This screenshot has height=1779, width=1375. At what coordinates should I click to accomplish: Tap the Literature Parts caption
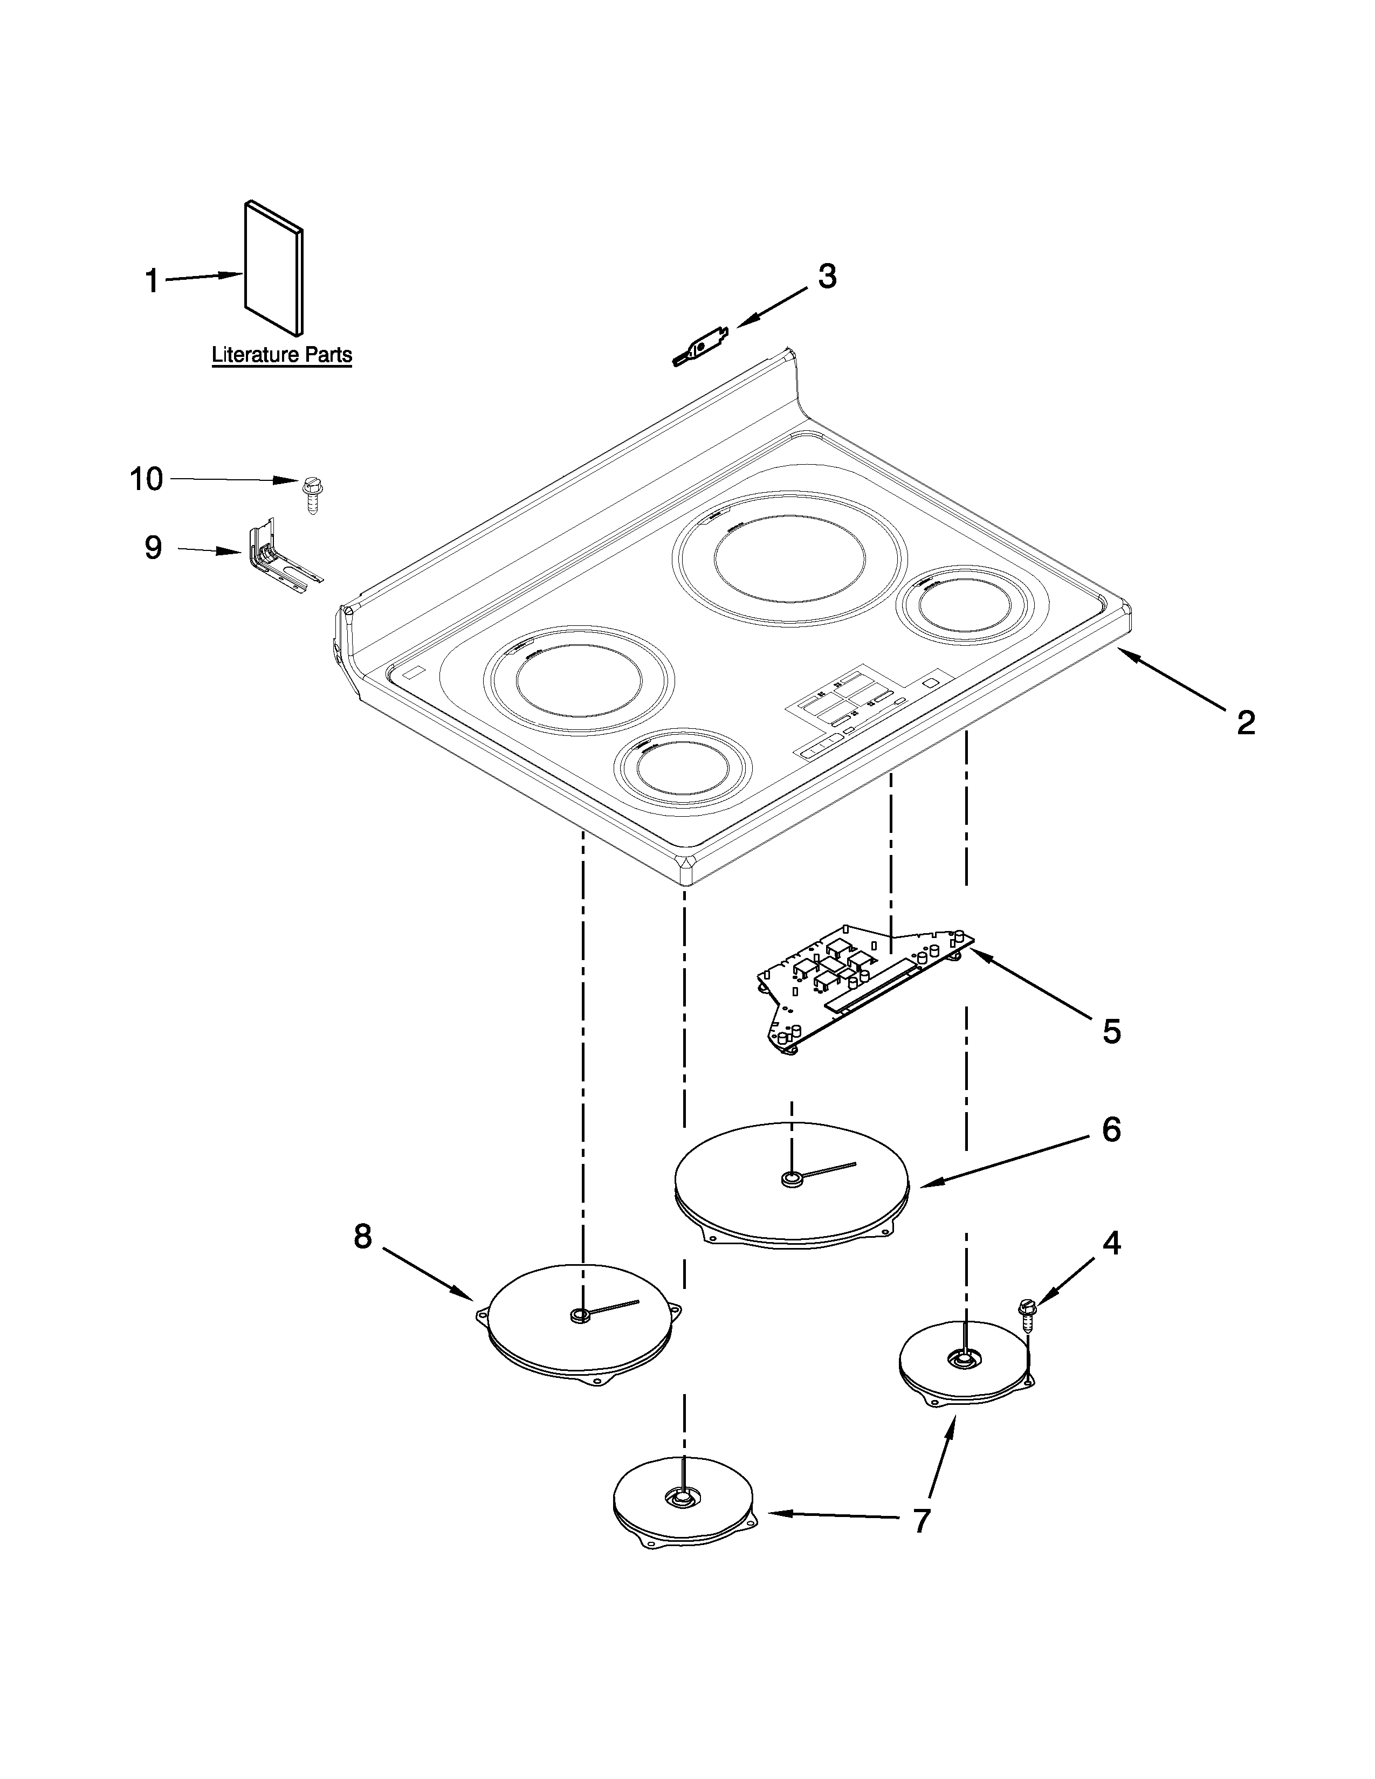[x=282, y=355]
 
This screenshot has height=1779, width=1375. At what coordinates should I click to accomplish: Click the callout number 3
[x=827, y=277]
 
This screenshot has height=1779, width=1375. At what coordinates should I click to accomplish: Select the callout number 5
[x=1111, y=1031]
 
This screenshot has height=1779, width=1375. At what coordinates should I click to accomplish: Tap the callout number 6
[x=1111, y=1130]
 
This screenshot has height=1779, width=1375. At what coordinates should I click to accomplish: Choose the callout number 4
[x=1111, y=1244]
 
